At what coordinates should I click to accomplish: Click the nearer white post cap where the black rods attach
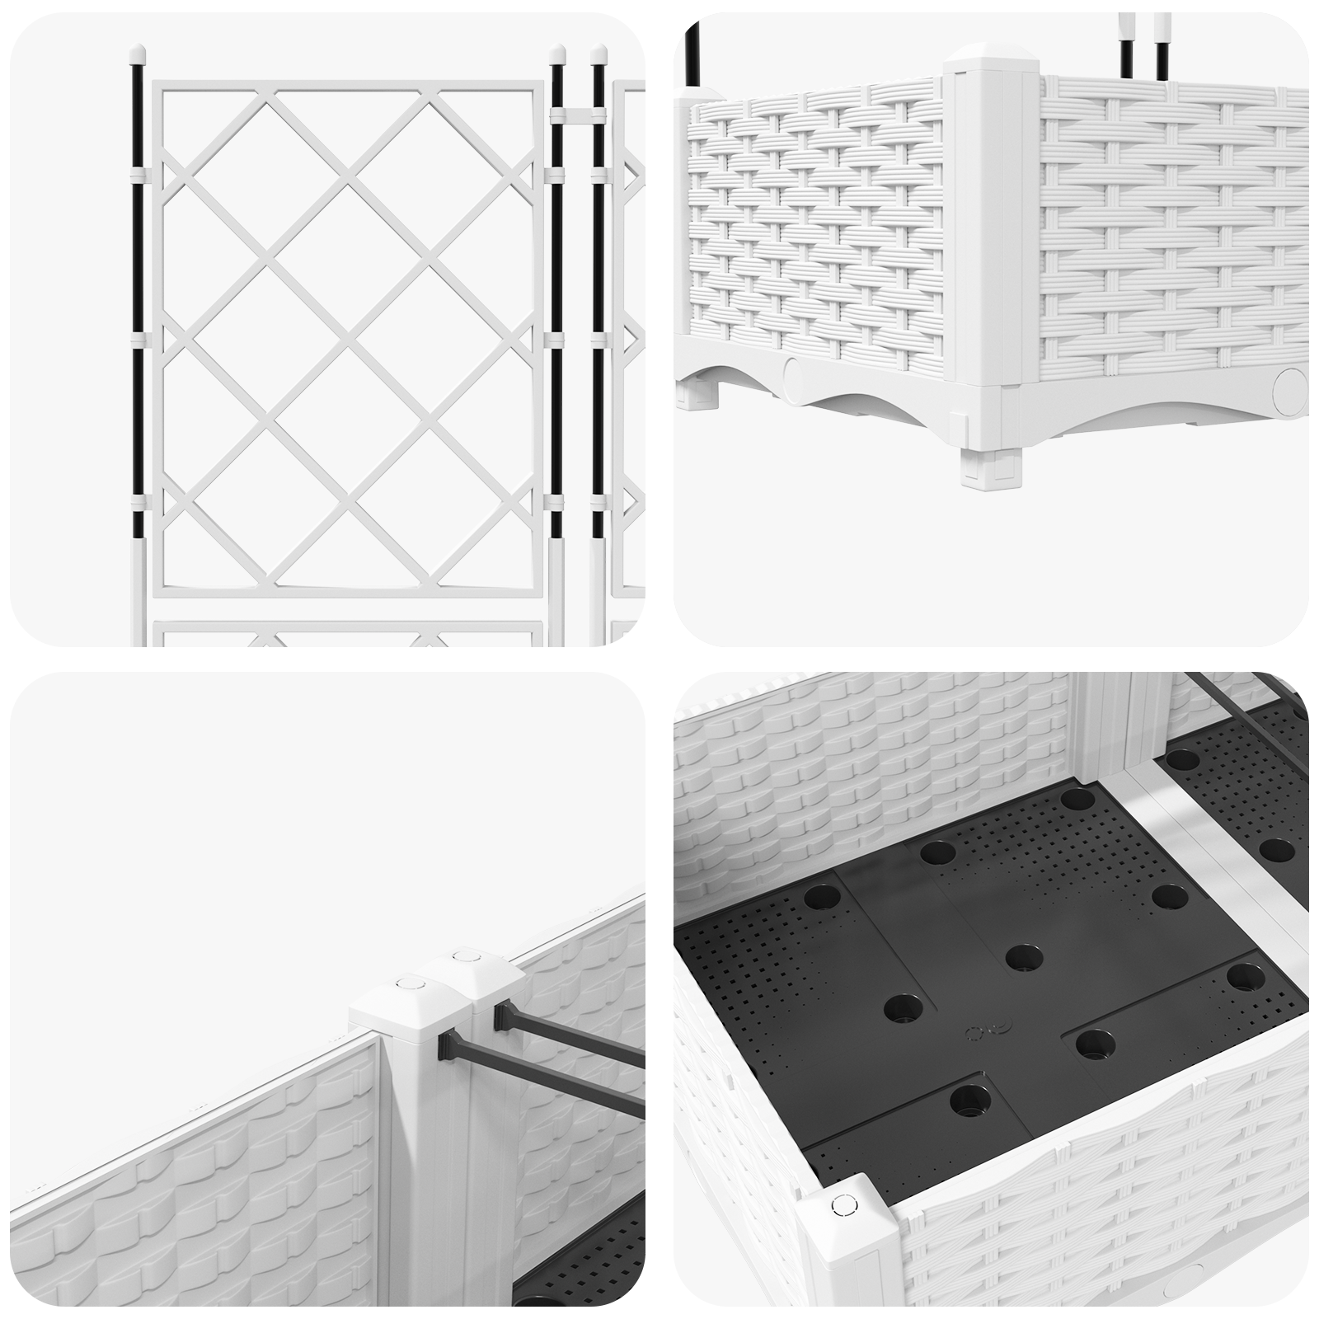[406, 1007]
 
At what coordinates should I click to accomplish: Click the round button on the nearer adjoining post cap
[406, 983]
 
